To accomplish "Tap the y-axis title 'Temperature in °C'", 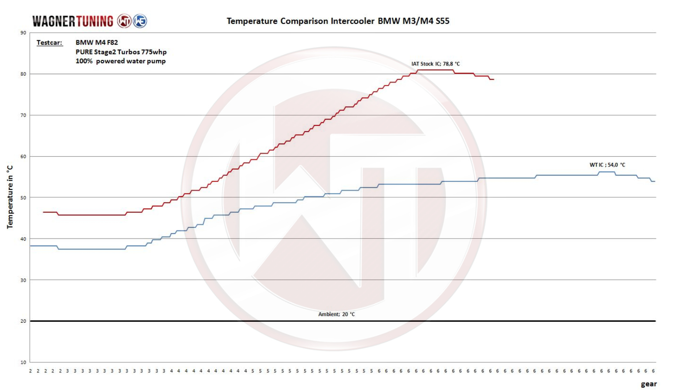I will [x=10, y=197].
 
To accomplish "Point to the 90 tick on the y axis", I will [x=23, y=33].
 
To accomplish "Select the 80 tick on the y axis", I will [x=23, y=74].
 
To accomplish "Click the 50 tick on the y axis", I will [x=23, y=197].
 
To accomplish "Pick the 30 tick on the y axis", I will [x=23, y=280].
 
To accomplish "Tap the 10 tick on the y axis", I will [x=23, y=362].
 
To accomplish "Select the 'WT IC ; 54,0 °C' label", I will [x=607, y=165].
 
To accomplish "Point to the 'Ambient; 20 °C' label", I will [x=336, y=314].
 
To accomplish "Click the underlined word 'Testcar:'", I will [x=49, y=43].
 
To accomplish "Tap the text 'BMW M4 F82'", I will [x=97, y=43].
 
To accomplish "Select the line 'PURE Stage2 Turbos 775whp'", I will [x=121, y=52].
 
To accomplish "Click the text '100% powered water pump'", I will [x=120, y=61].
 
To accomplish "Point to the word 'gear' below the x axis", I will [x=649, y=384].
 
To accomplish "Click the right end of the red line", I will [x=493, y=80].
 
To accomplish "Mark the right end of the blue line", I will [x=654, y=181].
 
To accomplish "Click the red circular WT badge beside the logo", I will [x=124, y=21].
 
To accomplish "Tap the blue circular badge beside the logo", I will [x=140, y=21].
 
